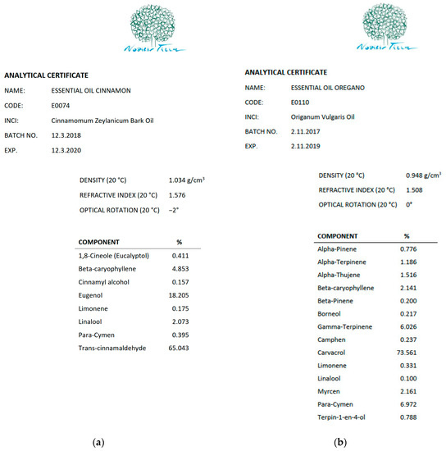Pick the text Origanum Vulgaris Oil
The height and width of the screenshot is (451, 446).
328,116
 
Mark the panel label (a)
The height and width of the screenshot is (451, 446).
99,442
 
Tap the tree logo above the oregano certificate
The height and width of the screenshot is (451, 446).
376,27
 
